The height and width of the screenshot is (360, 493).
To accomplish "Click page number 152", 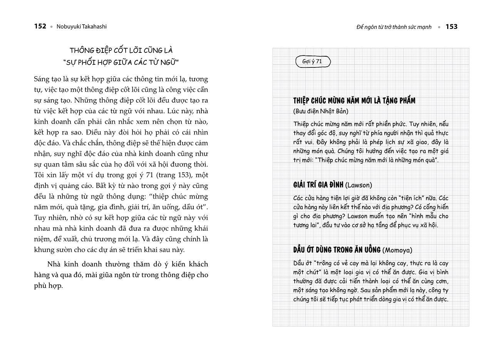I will tap(40, 26).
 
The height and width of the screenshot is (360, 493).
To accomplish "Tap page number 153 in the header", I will tap(451, 27).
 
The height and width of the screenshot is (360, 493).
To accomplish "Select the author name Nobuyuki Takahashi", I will tap(82, 27).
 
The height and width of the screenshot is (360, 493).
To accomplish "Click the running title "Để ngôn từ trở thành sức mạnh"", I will tap(394, 27).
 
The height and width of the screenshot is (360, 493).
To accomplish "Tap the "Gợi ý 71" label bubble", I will tap(313, 62).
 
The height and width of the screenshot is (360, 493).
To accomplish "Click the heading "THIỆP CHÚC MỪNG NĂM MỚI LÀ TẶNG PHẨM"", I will tap(354, 101).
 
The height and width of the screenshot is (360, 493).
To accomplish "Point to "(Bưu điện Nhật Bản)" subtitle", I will tap(320, 111).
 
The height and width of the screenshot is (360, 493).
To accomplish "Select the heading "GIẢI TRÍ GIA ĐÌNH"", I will tap(318, 185).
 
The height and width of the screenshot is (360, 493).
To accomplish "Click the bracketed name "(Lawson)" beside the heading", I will tap(359, 185).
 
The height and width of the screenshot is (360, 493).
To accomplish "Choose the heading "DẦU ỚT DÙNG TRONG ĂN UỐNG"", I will tap(337, 250).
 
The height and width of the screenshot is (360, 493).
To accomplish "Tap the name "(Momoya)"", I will tap(397, 250).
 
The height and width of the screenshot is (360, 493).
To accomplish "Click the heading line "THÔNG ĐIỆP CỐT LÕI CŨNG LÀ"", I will tap(121, 50).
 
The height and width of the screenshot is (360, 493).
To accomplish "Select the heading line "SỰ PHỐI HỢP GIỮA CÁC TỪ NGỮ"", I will tap(121, 62).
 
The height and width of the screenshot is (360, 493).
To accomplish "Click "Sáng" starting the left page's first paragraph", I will tap(42, 79).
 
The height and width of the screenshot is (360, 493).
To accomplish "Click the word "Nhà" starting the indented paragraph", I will tap(54, 264).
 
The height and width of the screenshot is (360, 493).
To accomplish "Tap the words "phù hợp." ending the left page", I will tap(48, 286).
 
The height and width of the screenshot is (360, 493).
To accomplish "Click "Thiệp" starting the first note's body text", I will tap(301, 124).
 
